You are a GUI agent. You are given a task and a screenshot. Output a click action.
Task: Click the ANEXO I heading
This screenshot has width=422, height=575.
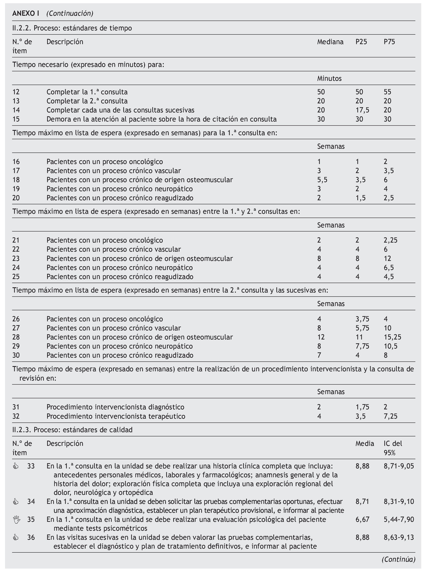tap(26, 13)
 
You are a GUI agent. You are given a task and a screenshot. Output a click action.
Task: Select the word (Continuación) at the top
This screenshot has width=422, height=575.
tap(70, 13)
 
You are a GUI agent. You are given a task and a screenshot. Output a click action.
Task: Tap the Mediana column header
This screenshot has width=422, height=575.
tap(330, 42)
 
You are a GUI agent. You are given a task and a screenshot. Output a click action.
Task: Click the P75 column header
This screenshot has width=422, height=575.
tap(389, 42)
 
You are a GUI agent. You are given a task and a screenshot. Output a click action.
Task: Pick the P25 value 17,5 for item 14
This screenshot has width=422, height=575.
tap(362, 110)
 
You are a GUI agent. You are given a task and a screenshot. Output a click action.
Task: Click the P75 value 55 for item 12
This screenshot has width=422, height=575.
tap(387, 92)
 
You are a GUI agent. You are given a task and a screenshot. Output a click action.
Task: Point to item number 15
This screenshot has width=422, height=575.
tap(16, 119)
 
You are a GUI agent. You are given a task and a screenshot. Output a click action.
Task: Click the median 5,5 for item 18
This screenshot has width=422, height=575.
tap(322, 180)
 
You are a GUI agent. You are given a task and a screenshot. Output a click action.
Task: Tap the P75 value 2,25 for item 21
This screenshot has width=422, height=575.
tap(390, 240)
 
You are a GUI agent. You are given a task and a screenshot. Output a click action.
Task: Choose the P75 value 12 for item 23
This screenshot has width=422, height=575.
tap(387, 258)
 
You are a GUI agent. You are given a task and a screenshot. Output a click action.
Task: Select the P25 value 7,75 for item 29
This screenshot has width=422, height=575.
tap(362, 346)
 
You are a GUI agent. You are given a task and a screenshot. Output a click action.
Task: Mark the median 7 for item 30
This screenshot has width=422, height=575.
tap(319, 355)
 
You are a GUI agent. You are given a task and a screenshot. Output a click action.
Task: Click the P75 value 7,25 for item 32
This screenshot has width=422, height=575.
tap(390, 416)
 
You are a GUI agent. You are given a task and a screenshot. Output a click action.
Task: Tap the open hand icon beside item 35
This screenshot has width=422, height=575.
tap(16, 520)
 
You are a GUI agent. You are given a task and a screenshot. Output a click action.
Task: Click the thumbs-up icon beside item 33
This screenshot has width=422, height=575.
tap(16, 466)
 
